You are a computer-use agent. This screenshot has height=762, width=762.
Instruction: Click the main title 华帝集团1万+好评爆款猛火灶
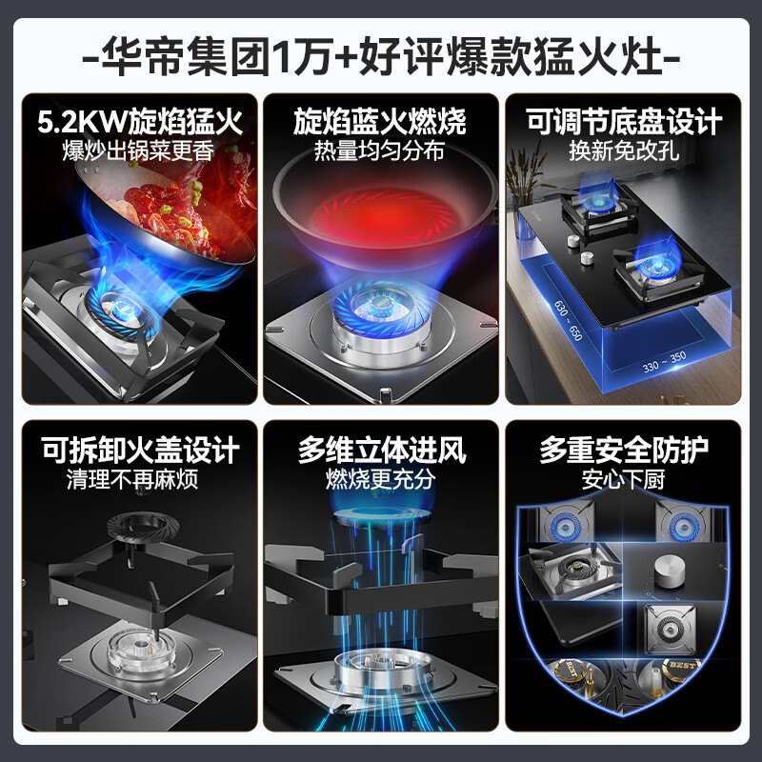pos(381,58)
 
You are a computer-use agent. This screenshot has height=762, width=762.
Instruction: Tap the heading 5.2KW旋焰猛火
pos(140,122)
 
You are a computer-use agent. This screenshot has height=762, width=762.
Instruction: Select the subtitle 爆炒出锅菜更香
pos(138,151)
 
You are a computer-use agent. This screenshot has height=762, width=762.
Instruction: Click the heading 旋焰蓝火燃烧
pos(380,122)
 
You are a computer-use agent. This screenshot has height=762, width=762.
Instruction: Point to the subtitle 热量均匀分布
pos(379,151)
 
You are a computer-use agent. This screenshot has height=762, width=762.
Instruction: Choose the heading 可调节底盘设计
pos(623,122)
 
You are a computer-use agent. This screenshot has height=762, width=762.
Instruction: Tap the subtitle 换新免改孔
pos(624,151)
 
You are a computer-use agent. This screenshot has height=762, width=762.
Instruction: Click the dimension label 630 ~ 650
pos(568,320)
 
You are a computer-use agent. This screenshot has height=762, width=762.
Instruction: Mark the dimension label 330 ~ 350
pos(664,362)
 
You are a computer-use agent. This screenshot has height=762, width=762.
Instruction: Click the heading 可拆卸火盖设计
pos(140,450)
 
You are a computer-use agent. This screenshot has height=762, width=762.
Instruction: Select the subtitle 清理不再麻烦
pos(132,480)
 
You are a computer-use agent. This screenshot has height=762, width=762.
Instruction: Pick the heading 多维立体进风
pos(382,450)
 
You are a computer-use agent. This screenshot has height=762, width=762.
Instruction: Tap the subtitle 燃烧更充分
pos(380,480)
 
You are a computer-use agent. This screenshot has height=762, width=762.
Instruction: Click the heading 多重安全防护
pos(624,450)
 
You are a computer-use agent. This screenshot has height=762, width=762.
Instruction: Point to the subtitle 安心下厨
pos(624,480)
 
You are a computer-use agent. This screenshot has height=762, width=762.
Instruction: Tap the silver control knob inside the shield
pos(670,571)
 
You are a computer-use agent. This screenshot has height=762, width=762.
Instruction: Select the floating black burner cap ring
pos(142,525)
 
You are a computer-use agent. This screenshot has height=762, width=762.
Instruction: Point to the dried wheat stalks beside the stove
pos(524,170)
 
